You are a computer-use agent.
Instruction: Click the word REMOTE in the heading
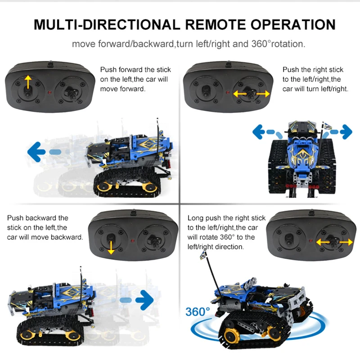[216, 25]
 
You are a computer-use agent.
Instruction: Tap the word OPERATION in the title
[293, 25]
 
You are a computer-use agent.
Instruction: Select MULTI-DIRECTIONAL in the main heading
[107, 25]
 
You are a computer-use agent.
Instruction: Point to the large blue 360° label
[198, 311]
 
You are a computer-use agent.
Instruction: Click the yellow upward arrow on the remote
[28, 82]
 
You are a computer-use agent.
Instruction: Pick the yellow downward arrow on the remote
[111, 247]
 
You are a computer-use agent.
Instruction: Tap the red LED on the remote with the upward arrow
[49, 93]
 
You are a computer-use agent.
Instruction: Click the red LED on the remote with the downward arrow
[132, 241]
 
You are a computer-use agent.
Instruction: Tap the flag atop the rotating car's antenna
[203, 256]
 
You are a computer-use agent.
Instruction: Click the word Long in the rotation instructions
[195, 218]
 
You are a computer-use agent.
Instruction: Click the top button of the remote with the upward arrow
[50, 64]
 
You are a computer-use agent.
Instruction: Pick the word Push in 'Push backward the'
[14, 218]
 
